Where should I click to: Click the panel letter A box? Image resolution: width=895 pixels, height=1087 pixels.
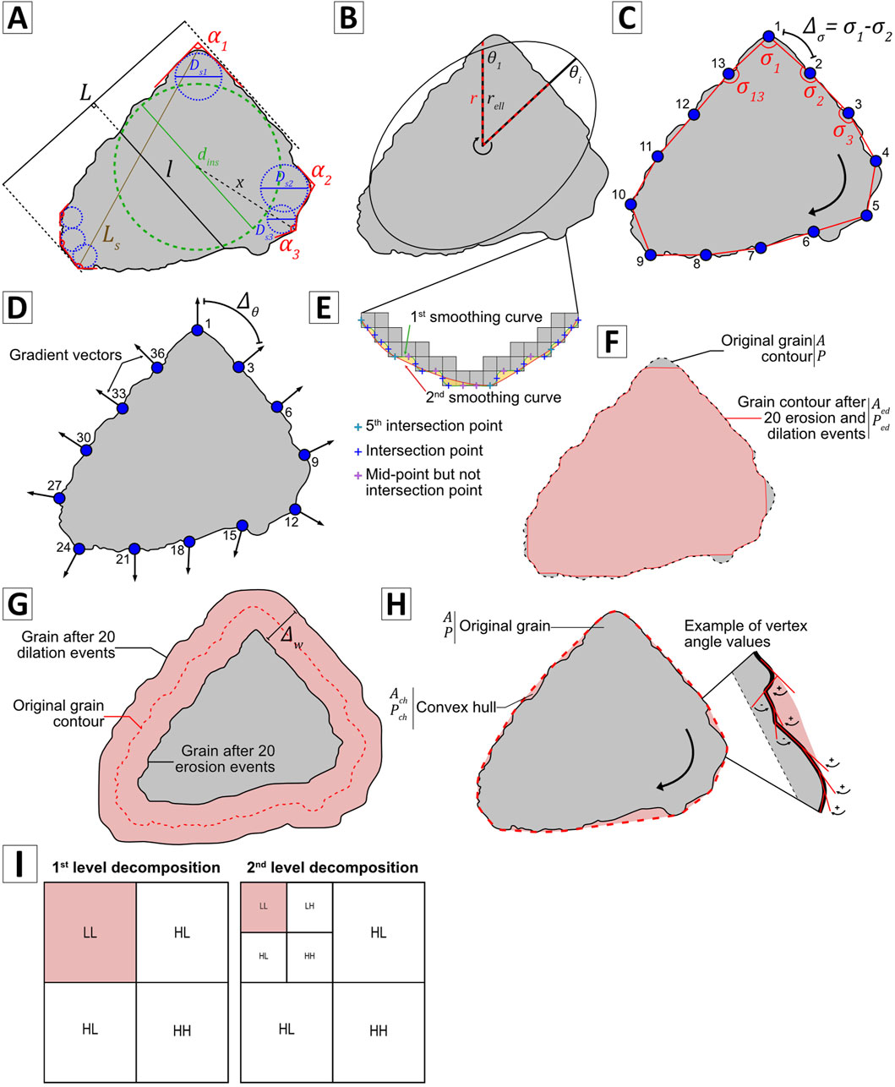[x=19, y=18]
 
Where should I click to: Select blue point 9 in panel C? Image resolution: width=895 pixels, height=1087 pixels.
[x=651, y=254]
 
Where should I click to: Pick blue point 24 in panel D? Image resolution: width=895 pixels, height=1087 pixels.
[x=79, y=549]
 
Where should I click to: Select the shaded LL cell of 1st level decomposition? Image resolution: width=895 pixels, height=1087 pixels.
[x=90, y=933]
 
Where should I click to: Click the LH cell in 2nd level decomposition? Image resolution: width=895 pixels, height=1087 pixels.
[x=308, y=905]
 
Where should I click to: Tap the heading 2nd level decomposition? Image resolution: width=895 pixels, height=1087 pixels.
[x=329, y=867]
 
